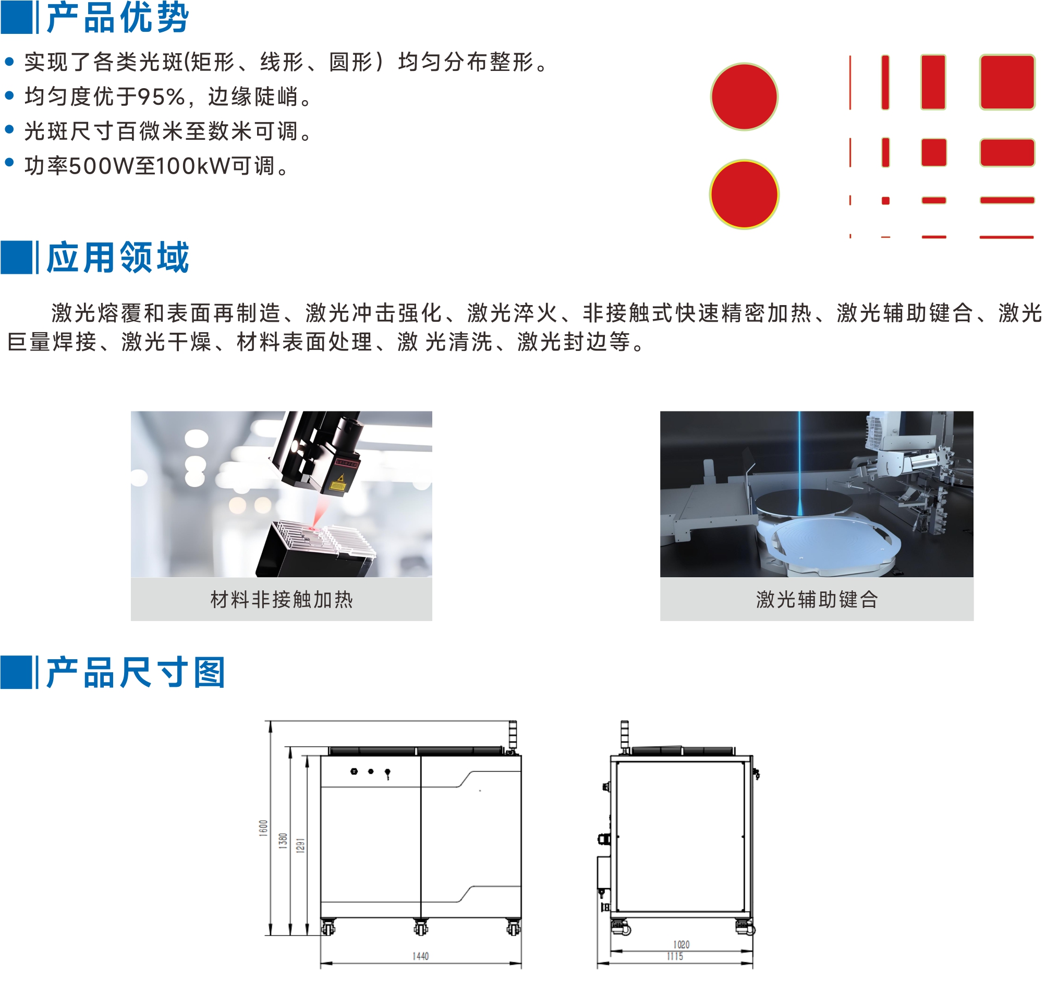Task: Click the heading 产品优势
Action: point(117,18)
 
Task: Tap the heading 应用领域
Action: point(117,257)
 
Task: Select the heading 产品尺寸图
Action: point(136,672)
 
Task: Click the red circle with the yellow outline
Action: point(744,194)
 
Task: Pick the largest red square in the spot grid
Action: point(1007,82)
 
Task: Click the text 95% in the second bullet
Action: point(162,97)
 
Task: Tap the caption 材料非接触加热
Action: point(282,599)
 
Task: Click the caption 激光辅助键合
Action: point(817,599)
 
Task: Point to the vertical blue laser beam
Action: point(800,463)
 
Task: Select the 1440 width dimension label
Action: point(420,956)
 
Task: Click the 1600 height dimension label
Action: point(264,828)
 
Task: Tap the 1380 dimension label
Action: point(283,841)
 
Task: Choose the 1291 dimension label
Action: point(300,846)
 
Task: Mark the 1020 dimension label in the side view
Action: point(682,944)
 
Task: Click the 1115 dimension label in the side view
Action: point(675,956)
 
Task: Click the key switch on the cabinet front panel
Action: point(388,773)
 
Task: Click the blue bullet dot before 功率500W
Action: point(9,163)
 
